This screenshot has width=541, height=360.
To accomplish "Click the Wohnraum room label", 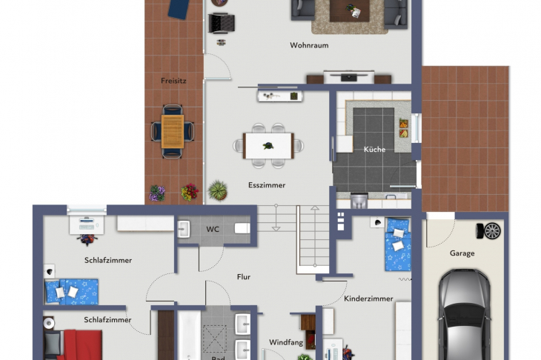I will pos(309,45).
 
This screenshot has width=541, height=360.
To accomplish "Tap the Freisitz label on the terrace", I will pos(173,80).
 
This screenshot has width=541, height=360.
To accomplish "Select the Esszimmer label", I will pos(267,185).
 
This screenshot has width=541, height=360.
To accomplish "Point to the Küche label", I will pos(374,150).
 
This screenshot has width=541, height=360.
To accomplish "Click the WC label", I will pos(213,229).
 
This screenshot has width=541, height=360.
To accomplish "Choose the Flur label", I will pos(244,277).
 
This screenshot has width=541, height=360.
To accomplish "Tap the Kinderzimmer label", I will pos(368,299).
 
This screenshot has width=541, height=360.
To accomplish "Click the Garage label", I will pos(462,253).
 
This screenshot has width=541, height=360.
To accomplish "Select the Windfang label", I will pos(285,342).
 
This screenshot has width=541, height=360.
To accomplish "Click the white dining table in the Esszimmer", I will pos(268,144).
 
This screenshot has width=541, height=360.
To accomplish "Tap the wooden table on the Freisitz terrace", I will pos(173,132).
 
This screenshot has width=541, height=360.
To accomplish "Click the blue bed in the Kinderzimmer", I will pos(398,244).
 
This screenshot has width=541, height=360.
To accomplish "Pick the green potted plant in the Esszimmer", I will pos(218,190).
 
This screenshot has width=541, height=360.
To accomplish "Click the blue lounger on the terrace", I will pos(178,8).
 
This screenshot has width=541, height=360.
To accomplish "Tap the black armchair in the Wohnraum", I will pos(221,24).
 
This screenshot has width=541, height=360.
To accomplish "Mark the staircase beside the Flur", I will pos(311,239).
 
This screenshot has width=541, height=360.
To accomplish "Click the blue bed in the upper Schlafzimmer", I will pos(72,291).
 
